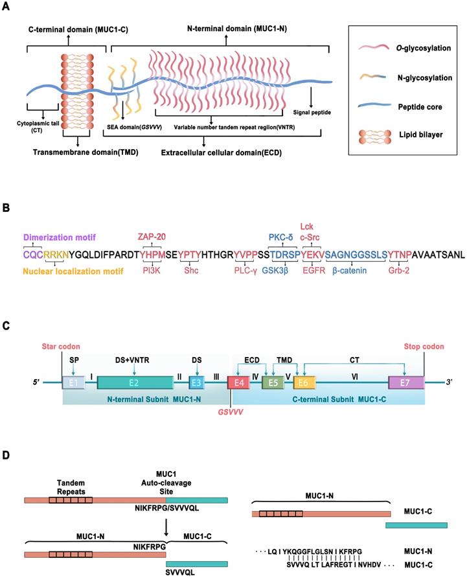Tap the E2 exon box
133,383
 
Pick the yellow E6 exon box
304,383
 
